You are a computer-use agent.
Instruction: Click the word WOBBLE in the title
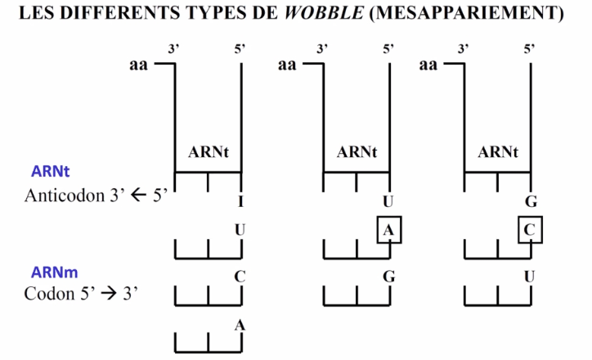(324, 13)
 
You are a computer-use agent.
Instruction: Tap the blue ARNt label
(50, 171)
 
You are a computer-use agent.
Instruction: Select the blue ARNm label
(54, 272)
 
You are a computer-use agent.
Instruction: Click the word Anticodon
(65, 196)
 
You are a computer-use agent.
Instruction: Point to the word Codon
(49, 294)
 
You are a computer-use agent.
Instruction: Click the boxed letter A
(389, 230)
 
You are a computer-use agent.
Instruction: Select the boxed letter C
(530, 230)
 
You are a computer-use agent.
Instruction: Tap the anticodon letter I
(241, 202)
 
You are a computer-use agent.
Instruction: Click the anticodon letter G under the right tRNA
(531, 202)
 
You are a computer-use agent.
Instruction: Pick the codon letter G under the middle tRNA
(389, 277)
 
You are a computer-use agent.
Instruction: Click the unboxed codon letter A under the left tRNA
(240, 326)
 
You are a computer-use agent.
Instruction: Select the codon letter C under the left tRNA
(240, 277)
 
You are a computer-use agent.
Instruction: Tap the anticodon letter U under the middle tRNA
(388, 202)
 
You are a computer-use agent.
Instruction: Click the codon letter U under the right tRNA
(529, 277)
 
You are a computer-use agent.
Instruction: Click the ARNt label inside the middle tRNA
(357, 152)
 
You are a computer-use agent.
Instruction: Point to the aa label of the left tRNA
(138, 65)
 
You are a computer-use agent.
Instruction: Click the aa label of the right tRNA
(428, 65)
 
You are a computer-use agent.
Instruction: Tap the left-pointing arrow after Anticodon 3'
(138, 196)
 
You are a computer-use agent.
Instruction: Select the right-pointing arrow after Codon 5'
(110, 294)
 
